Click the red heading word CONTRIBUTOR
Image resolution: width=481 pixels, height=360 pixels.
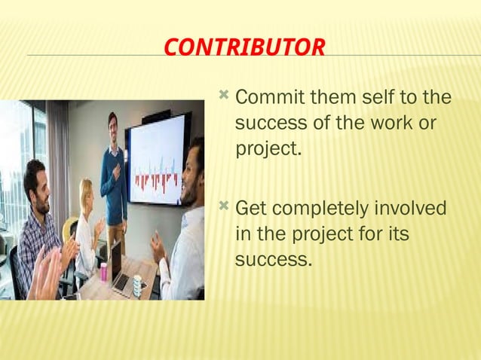pyautogui.click(x=244, y=48)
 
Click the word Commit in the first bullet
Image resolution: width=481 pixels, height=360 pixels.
pyautogui.click(x=268, y=98)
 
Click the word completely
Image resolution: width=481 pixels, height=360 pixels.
pyautogui.click(x=320, y=209)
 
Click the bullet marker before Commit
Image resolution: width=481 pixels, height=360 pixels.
pyautogui.click(x=224, y=96)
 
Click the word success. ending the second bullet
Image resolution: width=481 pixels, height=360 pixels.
pyautogui.click(x=272, y=260)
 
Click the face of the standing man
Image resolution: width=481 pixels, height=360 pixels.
pyautogui.click(x=113, y=122)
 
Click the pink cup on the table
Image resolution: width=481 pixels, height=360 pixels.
pyautogui.click(x=103, y=271)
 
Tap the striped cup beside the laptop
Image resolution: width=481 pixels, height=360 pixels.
pyautogui.click(x=136, y=285)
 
